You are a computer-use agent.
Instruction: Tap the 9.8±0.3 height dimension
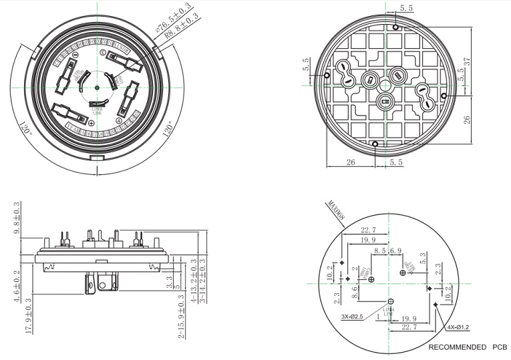pos(17,218)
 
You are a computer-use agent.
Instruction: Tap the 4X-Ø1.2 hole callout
pos(459,328)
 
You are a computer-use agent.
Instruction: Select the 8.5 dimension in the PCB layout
pos(380,250)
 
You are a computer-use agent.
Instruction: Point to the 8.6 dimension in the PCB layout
pos(354,291)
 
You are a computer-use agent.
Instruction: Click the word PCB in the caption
pos(498,347)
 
